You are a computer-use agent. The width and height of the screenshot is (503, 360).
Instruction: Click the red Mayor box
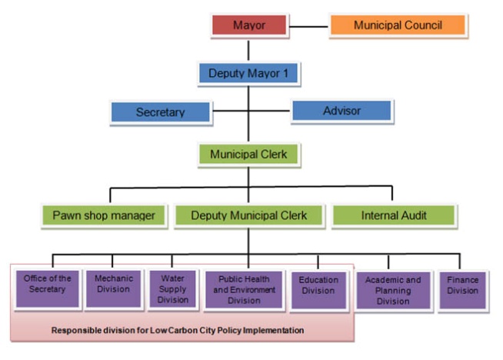249,25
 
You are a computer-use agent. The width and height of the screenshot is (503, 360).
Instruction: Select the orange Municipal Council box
398,25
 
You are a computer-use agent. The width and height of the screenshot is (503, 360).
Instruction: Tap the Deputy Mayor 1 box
248,74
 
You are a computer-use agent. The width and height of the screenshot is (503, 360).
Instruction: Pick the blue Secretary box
160,112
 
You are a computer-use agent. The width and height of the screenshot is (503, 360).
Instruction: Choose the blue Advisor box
341,111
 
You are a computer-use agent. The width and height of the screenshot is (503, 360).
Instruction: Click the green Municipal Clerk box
248,155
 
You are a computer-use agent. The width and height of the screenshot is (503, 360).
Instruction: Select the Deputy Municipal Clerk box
248,215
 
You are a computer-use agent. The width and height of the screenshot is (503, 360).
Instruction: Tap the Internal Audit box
394,215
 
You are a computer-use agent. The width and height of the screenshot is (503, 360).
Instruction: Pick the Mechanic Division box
113,285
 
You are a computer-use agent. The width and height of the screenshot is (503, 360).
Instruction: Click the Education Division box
318,287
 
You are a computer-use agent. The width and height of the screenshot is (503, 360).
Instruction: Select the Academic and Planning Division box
392,290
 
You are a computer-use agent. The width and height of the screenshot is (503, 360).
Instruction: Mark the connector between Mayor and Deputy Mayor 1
248,49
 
